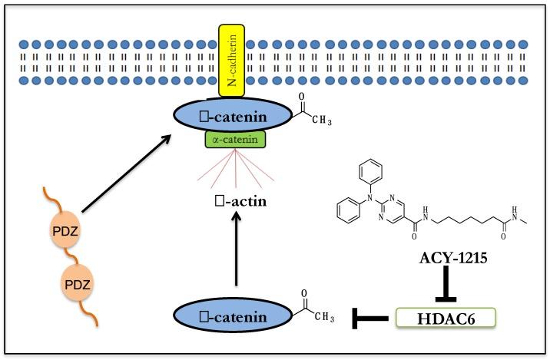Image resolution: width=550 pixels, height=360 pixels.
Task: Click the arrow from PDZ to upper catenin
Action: tap(125, 173)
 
